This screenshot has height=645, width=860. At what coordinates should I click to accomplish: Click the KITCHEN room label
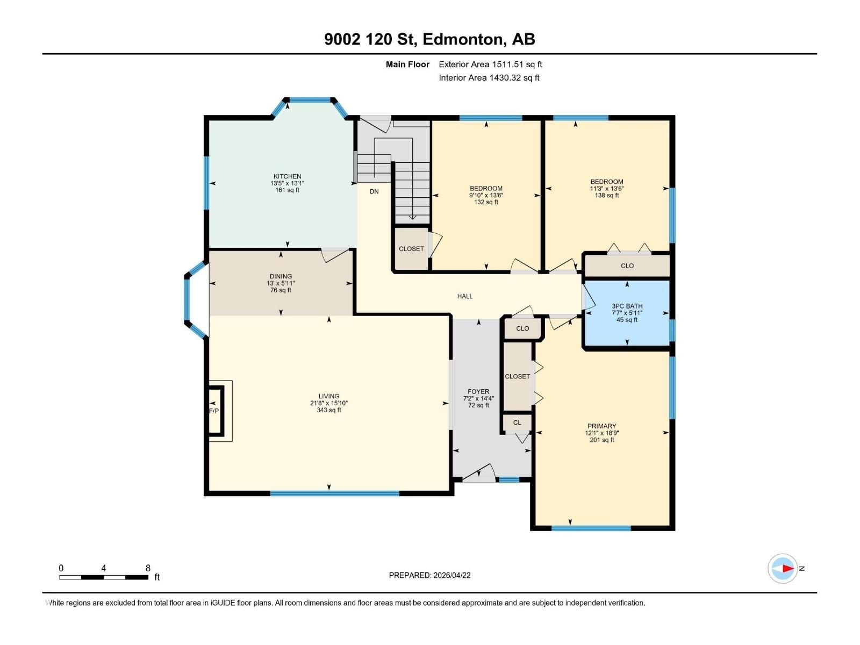tap(287, 176)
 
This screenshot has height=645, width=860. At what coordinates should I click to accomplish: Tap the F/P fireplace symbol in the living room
tap(214, 411)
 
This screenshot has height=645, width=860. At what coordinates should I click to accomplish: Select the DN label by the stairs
tap(374, 191)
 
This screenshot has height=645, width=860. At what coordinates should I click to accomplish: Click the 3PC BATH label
tap(627, 306)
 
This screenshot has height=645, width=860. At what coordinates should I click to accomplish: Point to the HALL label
tap(465, 296)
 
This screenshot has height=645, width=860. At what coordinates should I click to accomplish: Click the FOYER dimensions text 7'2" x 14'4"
tap(478, 399)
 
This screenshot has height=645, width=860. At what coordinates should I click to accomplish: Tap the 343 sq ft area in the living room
tap(329, 410)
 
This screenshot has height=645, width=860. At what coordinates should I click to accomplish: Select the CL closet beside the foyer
tap(517, 422)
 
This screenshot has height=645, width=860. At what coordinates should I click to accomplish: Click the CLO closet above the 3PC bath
tap(627, 266)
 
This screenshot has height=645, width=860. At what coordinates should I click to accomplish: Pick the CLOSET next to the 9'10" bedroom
tap(411, 249)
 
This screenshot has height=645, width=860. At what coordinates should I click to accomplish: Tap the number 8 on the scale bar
tap(148, 568)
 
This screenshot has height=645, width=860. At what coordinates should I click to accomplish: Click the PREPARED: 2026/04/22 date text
tap(429, 575)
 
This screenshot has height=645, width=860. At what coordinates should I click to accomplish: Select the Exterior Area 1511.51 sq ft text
tap(490, 64)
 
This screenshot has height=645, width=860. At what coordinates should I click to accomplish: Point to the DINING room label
tap(281, 276)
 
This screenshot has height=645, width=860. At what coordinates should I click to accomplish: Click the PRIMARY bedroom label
tap(601, 426)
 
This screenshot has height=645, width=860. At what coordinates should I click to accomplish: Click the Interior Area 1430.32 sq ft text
tap(489, 78)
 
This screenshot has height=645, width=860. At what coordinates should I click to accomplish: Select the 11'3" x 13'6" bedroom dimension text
tap(607, 189)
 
